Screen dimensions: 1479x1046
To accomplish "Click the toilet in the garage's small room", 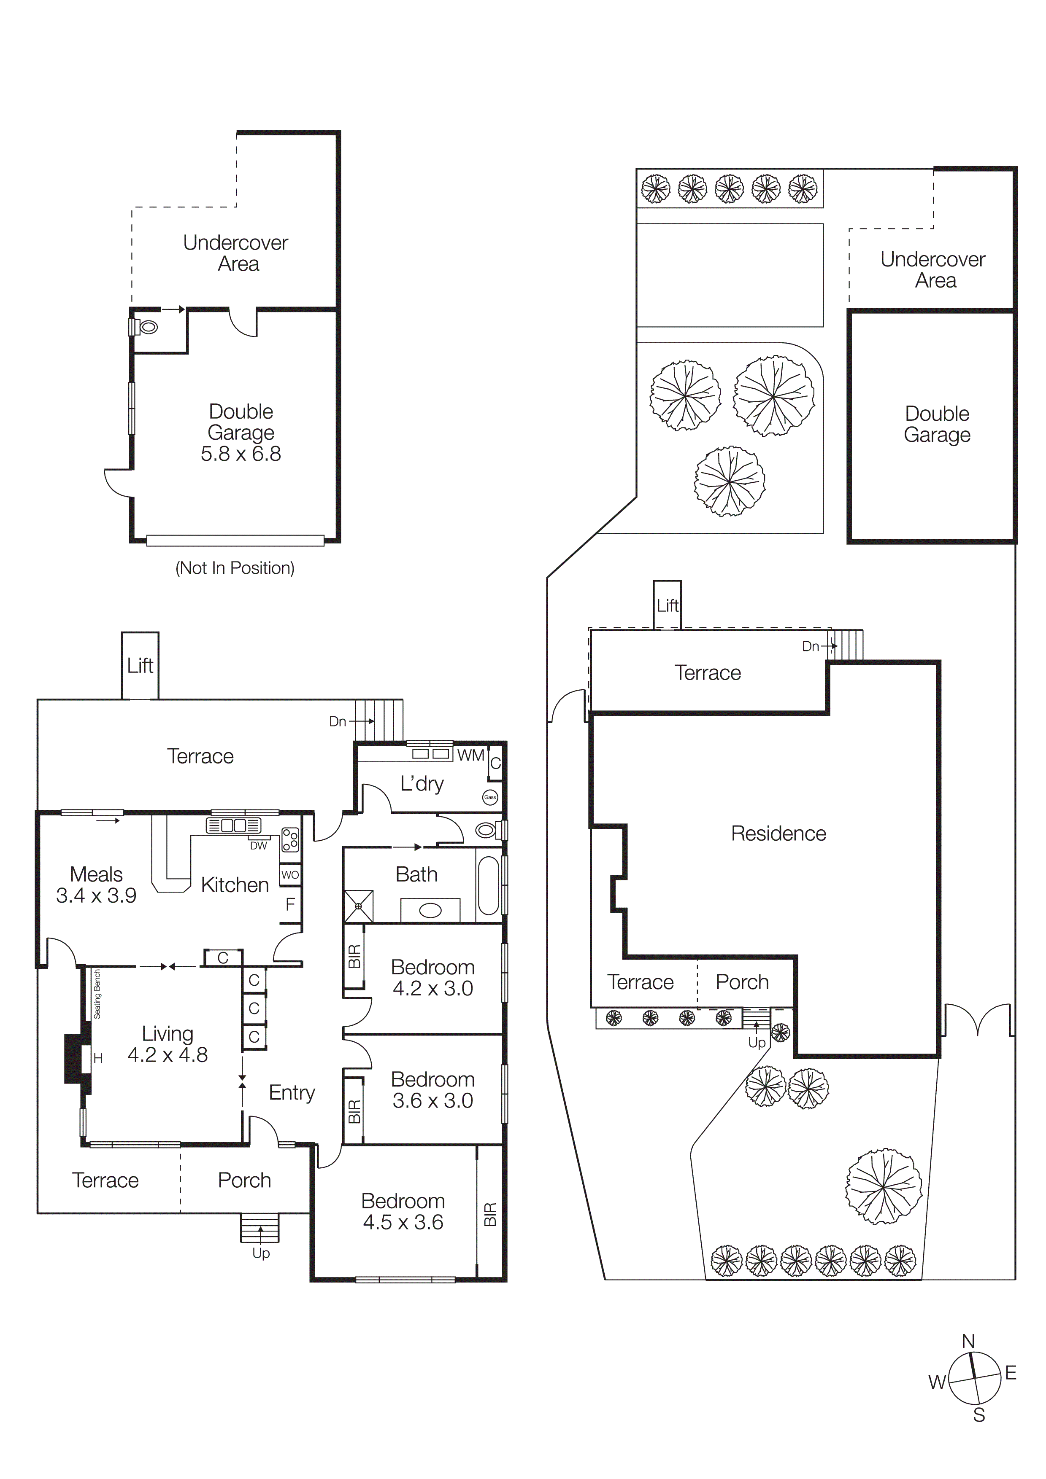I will pyautogui.click(x=148, y=327).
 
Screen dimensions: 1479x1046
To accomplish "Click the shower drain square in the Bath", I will pyautogui.click(x=358, y=906).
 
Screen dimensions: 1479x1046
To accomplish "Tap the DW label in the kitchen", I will pyautogui.click(x=258, y=846).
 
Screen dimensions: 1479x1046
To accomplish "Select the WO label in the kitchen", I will pyautogui.click(x=290, y=875).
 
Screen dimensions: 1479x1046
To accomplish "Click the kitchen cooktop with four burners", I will pyautogui.click(x=290, y=840).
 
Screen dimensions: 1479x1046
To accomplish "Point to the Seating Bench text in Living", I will pyautogui.click(x=97, y=994).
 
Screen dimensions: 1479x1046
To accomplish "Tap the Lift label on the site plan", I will pyautogui.click(x=667, y=605).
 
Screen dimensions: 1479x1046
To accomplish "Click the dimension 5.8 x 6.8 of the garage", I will pyautogui.click(x=241, y=454).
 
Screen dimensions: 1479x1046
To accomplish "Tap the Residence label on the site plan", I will pyautogui.click(x=778, y=834).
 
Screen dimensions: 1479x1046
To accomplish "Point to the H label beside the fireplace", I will pyautogui.click(x=98, y=1058).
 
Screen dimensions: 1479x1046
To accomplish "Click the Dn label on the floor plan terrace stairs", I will pyautogui.click(x=337, y=721).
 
